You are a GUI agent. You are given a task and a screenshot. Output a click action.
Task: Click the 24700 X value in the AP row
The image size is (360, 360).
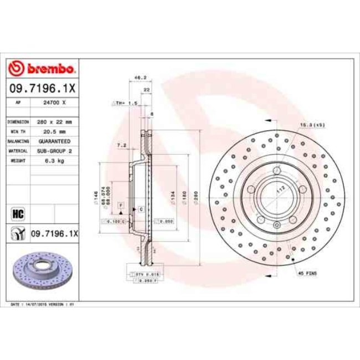55,102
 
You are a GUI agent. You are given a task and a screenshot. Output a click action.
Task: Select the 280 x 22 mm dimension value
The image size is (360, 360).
55,121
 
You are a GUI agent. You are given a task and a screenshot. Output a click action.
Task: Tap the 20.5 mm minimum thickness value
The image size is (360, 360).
55,131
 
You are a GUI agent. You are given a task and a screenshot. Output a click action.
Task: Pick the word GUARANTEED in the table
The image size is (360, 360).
55,141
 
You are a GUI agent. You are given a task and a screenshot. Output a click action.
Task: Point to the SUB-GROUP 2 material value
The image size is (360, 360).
55,151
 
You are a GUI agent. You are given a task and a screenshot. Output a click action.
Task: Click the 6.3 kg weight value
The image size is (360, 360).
55,161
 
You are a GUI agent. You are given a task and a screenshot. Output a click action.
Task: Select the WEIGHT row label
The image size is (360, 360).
18,161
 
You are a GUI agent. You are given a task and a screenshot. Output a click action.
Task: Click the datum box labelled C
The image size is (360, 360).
141,209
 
